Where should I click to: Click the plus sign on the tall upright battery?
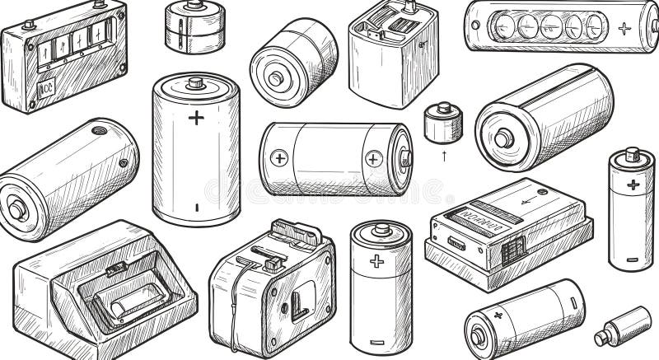coord(195,117)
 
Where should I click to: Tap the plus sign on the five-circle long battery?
coord(624,27)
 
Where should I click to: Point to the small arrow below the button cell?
coord(445,154)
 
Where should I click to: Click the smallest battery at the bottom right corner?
coord(623,325)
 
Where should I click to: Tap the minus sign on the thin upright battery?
coord(632,259)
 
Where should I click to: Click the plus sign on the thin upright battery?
coord(633,184)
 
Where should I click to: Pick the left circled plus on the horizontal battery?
coord(280,157)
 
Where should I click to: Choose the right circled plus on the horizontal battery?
coord(375,158)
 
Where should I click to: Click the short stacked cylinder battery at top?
coord(194,26)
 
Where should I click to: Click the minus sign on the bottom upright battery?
coord(378,340)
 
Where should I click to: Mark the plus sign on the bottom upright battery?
coord(377,261)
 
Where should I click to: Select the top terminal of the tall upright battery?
coord(195,82)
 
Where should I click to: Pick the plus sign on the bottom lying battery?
coord(497,315)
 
